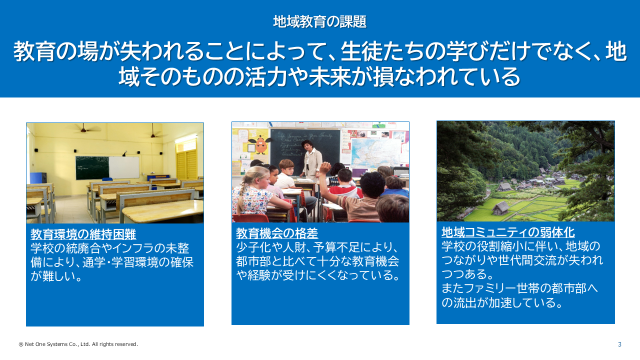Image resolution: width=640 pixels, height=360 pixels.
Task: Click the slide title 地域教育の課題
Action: [x=319, y=21]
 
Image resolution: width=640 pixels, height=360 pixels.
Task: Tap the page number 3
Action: [x=619, y=344]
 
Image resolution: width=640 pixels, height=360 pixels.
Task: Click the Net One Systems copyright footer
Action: [x=78, y=344]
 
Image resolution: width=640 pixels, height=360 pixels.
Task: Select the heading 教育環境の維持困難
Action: [x=83, y=234]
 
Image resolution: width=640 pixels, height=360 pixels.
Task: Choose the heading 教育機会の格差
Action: [x=277, y=233]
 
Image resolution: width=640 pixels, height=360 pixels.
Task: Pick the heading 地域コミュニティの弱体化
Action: [x=508, y=232]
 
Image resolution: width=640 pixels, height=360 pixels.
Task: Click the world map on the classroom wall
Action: [x=375, y=153]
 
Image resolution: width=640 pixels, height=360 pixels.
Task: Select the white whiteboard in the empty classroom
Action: [x=123, y=167]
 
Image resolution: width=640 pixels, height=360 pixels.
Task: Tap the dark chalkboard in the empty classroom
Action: [x=92, y=167]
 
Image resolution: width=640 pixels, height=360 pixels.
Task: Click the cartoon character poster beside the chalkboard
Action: [x=260, y=145]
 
